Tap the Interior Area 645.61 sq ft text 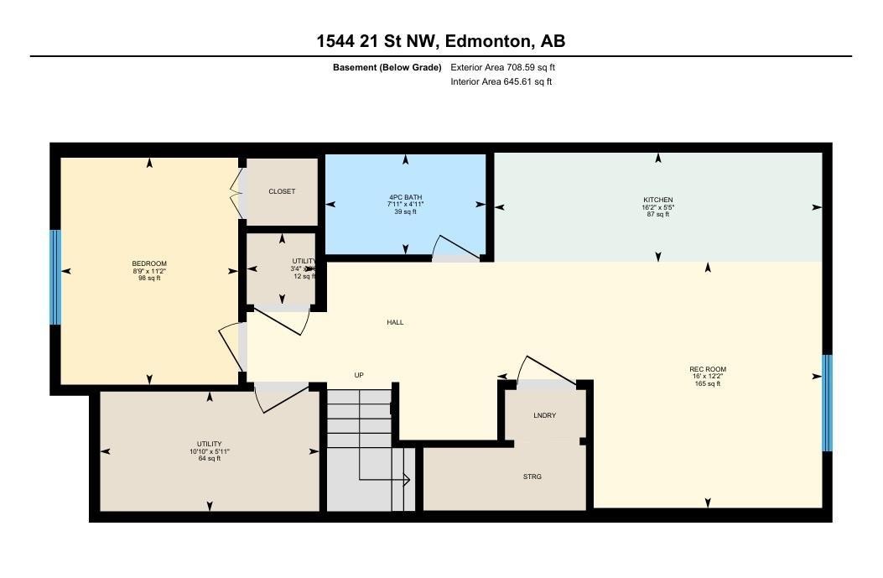point(501,81)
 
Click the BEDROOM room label point(149,263)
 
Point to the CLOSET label point(282,191)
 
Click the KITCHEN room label point(658,200)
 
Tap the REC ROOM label point(708,369)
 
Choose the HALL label point(395,322)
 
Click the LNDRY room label point(544,415)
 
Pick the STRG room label point(532,476)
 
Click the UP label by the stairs point(359,375)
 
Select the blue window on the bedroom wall point(55,277)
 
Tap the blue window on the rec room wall point(827,403)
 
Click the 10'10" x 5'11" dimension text point(210,451)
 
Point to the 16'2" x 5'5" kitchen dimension point(658,207)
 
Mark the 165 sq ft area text point(708,383)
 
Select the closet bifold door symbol point(235,192)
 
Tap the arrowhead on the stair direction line point(406,480)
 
